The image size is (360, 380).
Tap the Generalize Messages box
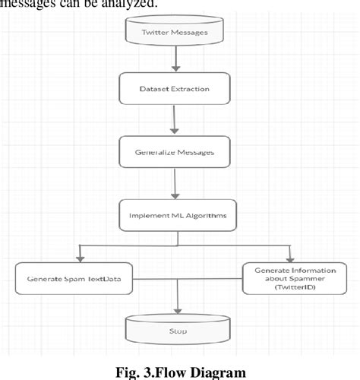click(175, 152)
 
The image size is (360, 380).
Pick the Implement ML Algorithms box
click(178, 215)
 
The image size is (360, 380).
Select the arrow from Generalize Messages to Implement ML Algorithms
click(177, 184)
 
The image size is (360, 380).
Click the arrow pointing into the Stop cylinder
click(178, 300)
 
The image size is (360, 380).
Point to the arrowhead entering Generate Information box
click(289, 255)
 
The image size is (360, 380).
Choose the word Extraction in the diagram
click(188, 90)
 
